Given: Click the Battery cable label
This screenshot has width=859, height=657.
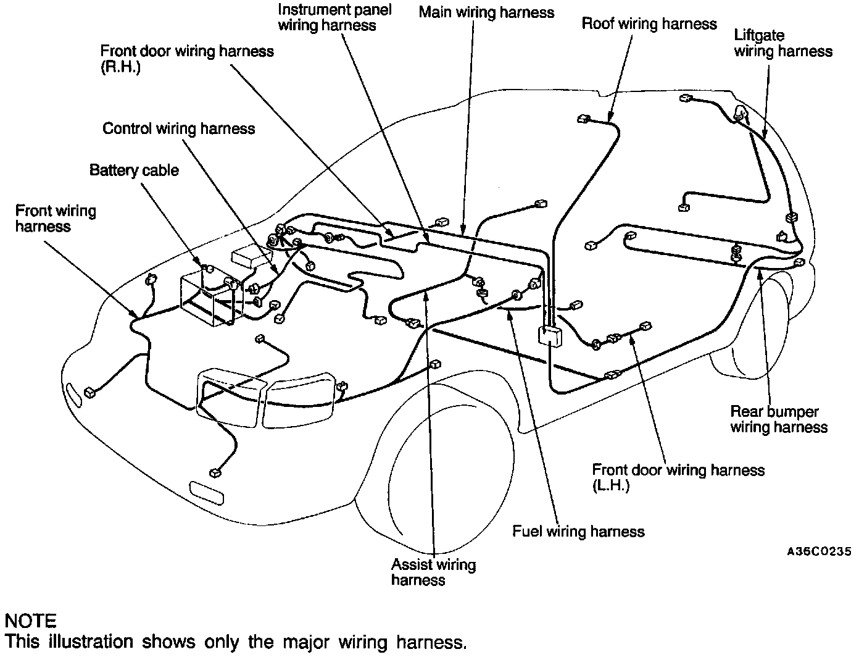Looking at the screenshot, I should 134,170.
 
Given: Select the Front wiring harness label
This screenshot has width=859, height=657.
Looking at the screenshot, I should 56,219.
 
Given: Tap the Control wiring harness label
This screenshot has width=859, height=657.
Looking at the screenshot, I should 178,128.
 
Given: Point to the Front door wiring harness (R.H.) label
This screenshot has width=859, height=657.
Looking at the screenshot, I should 186,59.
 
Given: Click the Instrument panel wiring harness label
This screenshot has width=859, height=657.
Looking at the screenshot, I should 334,17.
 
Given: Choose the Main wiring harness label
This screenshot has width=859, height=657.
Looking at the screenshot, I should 486,12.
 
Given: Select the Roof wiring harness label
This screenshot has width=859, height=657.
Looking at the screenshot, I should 649,24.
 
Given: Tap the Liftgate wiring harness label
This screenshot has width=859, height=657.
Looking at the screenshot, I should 782,43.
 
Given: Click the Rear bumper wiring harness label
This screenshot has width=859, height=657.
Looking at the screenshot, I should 778,419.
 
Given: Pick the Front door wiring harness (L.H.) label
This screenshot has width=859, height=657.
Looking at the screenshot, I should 678,477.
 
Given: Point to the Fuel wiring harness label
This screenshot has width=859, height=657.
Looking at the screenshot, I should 578,532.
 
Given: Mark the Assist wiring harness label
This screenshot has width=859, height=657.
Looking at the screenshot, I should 433,572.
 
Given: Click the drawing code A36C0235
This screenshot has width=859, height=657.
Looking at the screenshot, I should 819,551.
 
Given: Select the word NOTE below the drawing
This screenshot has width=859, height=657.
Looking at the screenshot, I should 30,621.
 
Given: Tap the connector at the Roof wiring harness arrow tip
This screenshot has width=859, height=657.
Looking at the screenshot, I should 584,120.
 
